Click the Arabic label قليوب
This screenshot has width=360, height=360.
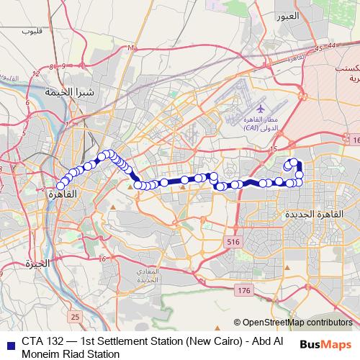(x=32, y=30)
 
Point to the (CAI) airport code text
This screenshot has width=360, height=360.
(x=252, y=127)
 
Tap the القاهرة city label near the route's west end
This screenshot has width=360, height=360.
(x=63, y=194)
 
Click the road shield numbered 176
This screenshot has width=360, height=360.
(x=243, y=290)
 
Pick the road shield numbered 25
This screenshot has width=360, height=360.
(x=76, y=317)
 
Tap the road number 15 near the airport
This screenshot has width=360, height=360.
(x=272, y=149)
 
